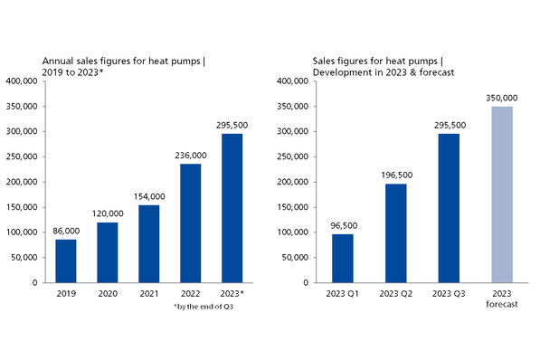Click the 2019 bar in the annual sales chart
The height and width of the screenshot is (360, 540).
tap(66, 261)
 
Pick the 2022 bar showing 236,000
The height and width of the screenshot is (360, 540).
tap(191, 223)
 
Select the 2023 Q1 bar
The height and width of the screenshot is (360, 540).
tap(343, 258)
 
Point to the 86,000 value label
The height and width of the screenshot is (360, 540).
tap(66, 232)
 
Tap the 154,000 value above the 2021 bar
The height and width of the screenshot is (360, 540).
tap(149, 196)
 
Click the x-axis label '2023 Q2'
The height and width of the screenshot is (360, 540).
tap(396, 295)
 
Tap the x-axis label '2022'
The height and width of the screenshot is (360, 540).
tap(191, 295)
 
